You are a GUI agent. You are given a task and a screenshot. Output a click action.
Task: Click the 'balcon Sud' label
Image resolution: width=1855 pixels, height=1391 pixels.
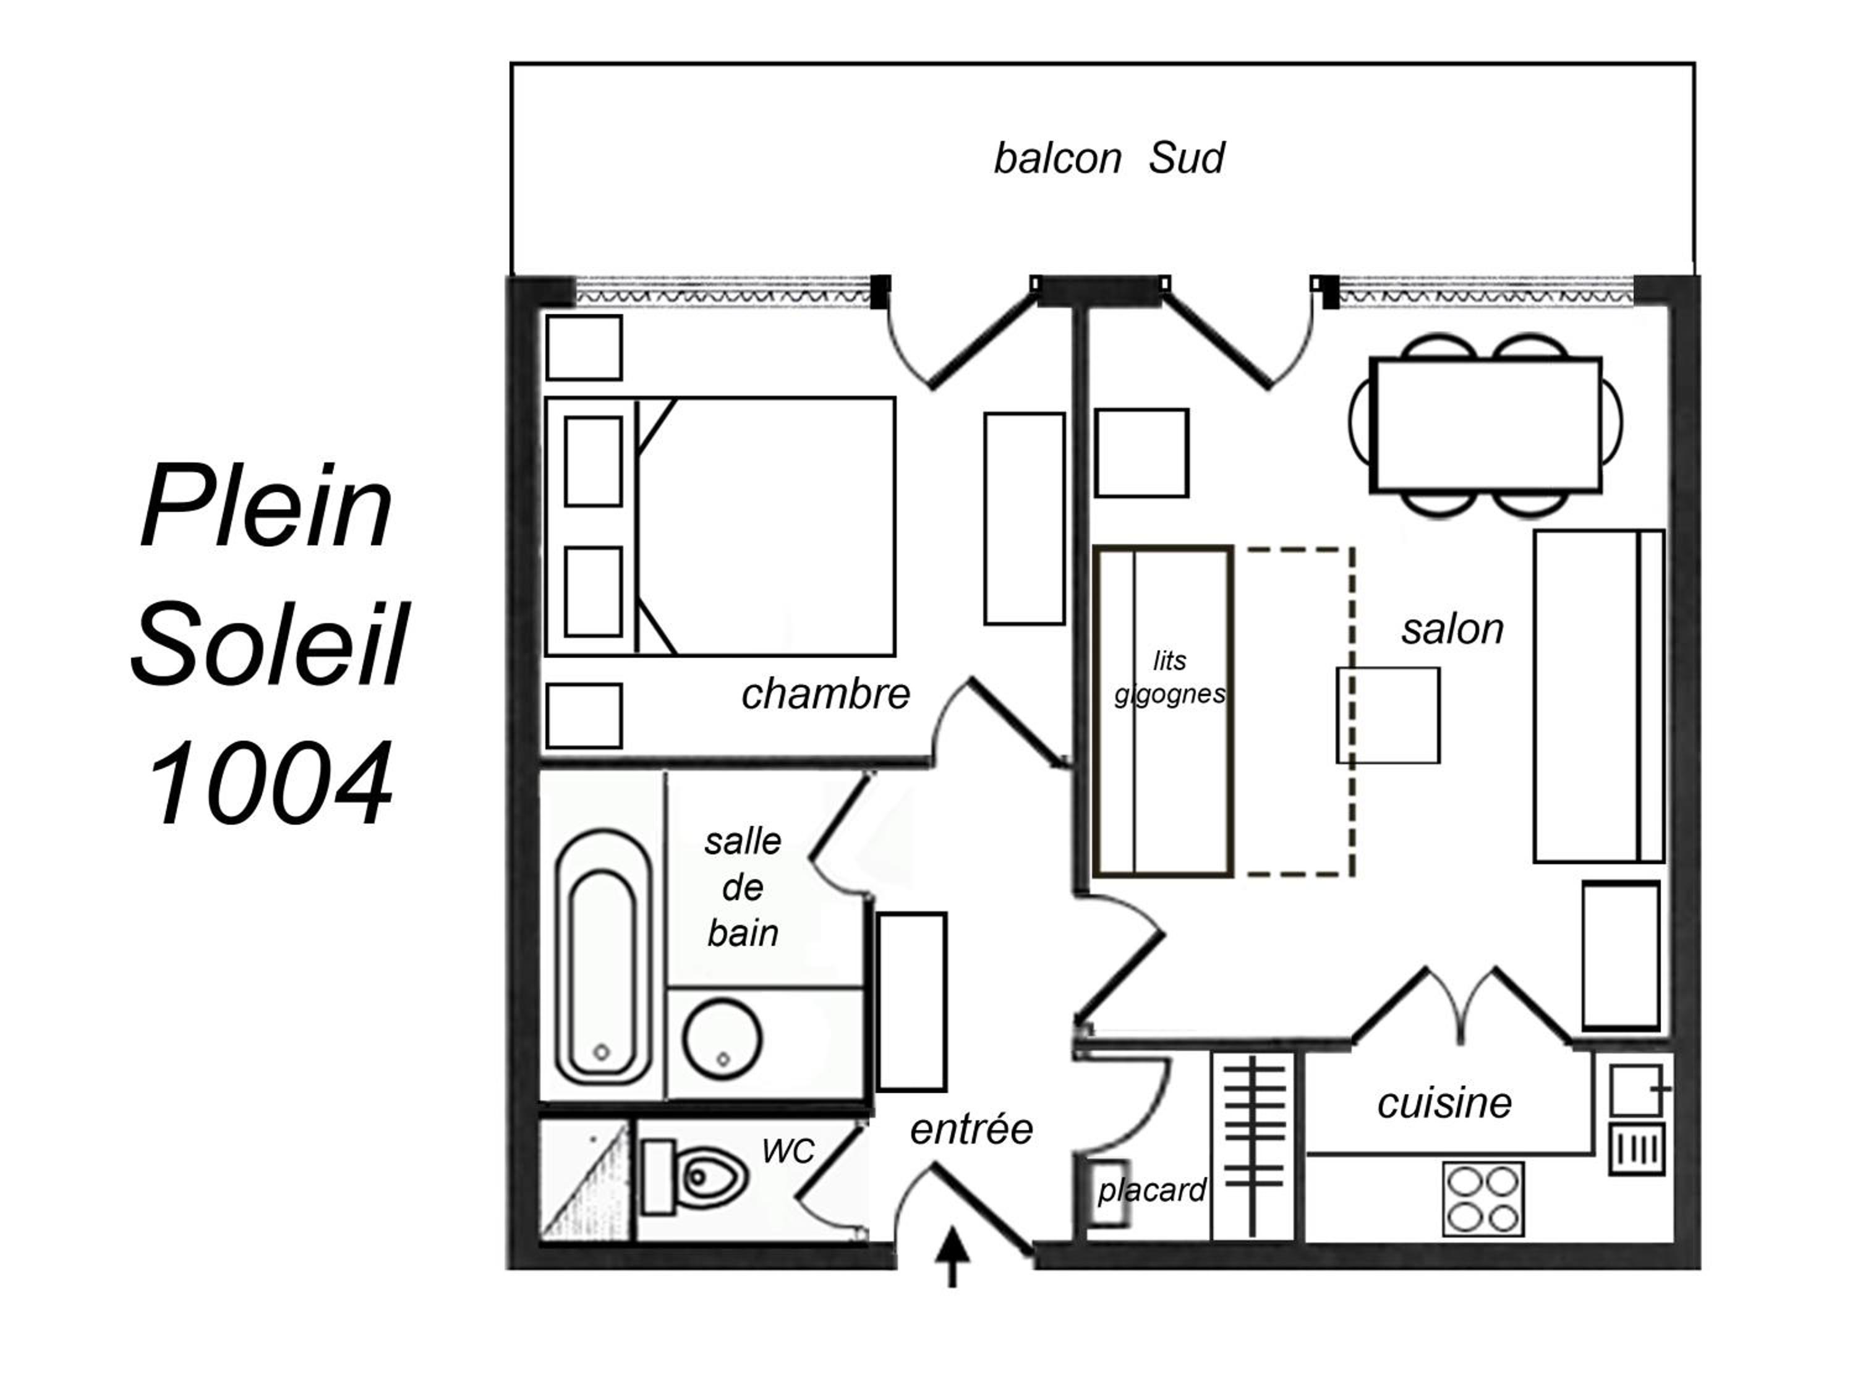1109,158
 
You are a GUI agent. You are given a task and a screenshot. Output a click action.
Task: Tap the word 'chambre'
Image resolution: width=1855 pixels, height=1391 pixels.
825,694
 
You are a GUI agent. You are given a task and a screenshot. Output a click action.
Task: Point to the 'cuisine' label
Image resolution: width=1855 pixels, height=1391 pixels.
1444,1104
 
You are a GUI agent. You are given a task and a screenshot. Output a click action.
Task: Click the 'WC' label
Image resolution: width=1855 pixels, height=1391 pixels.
788,1151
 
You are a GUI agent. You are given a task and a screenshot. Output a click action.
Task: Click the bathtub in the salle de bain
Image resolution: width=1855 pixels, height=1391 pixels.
603,956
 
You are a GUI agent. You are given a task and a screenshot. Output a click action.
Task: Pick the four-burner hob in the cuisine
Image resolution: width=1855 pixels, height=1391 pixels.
1483,1199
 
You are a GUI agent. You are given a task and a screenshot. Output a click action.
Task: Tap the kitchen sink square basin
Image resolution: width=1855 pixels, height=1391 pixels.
1635,1090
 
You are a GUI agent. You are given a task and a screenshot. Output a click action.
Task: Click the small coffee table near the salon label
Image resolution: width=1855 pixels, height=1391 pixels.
1388,715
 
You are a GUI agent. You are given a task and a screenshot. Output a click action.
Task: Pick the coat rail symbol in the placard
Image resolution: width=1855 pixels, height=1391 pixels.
1255,1146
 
